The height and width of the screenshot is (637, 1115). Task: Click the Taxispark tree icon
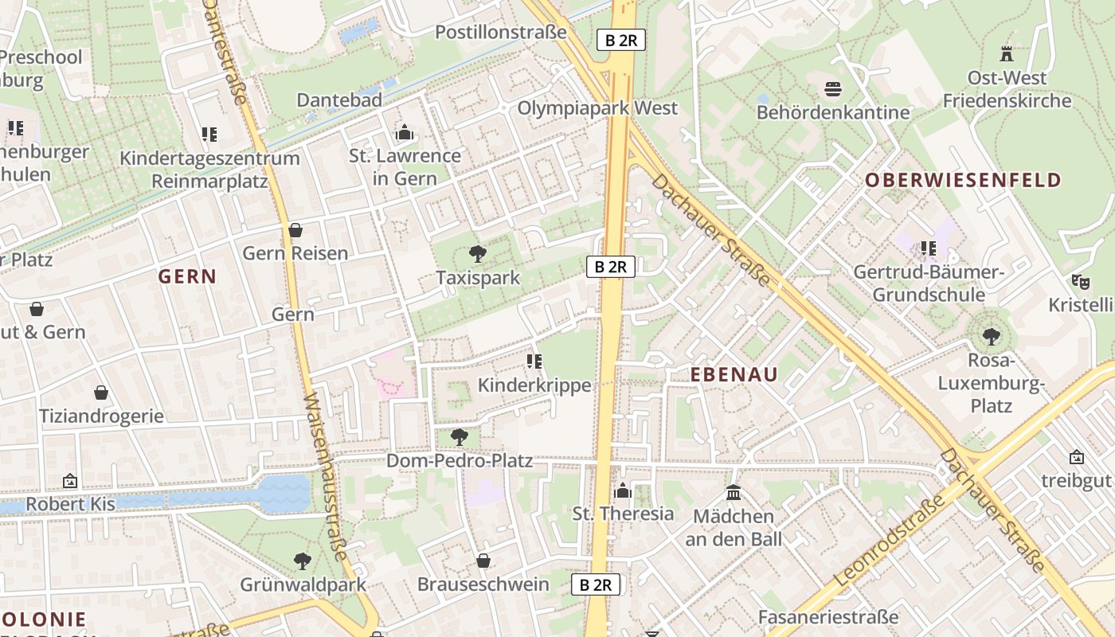[478, 254]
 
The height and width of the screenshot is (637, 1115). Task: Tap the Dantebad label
[339, 100]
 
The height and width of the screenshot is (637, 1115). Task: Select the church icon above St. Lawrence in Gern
[405, 132]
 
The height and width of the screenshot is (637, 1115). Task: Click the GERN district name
[187, 276]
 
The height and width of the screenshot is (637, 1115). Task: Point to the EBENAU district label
[734, 374]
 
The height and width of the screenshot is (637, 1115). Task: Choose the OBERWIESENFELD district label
[964, 180]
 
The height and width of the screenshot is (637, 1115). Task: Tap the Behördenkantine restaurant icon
[833, 88]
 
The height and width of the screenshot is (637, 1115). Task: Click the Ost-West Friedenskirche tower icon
[1007, 54]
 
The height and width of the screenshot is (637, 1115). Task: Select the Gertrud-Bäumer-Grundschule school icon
[928, 248]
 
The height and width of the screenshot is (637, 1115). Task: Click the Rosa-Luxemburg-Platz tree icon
[991, 337]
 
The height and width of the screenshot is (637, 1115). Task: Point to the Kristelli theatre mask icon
[1080, 281]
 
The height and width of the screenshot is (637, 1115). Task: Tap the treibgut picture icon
[1077, 457]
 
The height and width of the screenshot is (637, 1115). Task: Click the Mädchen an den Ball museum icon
[734, 493]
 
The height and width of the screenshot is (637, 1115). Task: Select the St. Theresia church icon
[623, 490]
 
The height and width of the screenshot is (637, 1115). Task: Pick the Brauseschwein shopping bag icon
[483, 561]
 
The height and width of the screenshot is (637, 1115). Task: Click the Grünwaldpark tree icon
[303, 561]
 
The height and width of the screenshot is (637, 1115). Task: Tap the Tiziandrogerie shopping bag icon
[101, 393]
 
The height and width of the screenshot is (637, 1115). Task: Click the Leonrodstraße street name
[890, 541]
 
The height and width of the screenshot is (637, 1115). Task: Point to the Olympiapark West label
[597, 107]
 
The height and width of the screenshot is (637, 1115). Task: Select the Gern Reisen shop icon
[295, 230]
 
